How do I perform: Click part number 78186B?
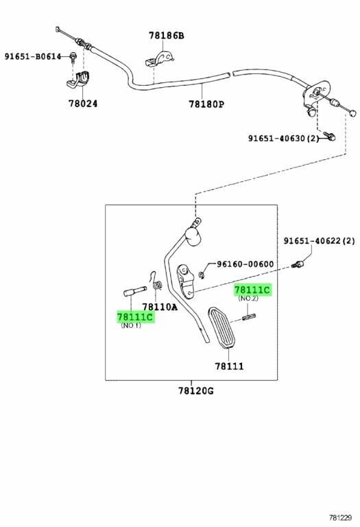click(x=167, y=35)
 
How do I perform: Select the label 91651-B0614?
click(x=33, y=56)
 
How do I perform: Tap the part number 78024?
click(x=83, y=103)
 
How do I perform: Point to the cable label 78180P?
click(x=206, y=104)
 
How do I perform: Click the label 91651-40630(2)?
click(x=283, y=138)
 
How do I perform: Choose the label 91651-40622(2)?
click(x=319, y=241)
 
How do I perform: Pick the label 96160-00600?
click(x=245, y=264)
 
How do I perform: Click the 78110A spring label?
click(x=160, y=307)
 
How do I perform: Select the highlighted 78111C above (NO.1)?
click(x=135, y=316)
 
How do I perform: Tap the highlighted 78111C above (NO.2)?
click(x=252, y=290)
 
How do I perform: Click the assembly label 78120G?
click(x=196, y=390)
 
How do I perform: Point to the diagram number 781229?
click(x=340, y=518)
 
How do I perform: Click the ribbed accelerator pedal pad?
click(x=221, y=327)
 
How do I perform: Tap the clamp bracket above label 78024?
click(x=79, y=80)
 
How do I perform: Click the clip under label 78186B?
click(x=159, y=59)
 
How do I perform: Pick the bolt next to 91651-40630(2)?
click(x=330, y=135)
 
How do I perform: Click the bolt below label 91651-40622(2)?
click(x=298, y=264)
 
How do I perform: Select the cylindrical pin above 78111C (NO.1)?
click(x=135, y=291)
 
